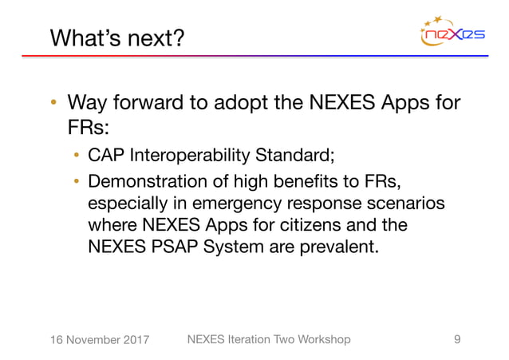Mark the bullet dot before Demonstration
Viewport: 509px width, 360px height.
point(76,179)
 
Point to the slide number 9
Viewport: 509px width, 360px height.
point(456,339)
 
